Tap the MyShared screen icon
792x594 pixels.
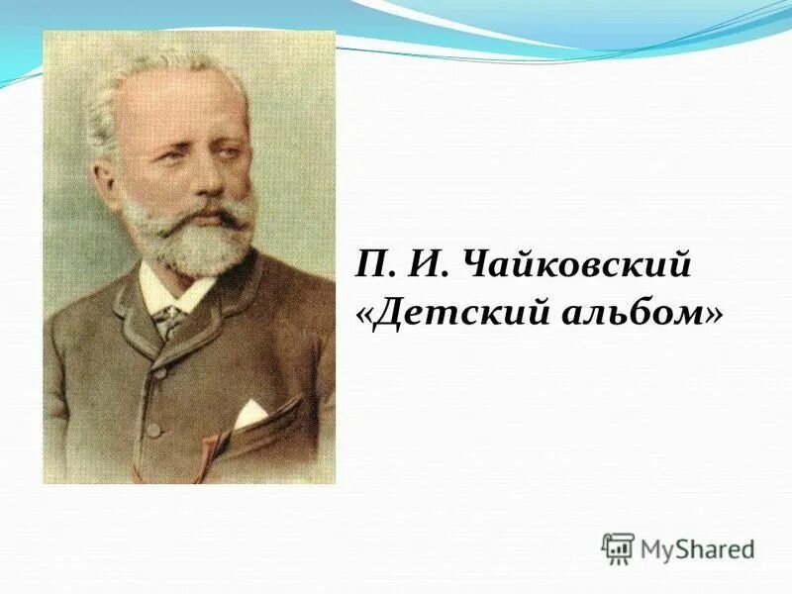click(618, 548)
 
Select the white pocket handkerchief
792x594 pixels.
click(248, 412)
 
